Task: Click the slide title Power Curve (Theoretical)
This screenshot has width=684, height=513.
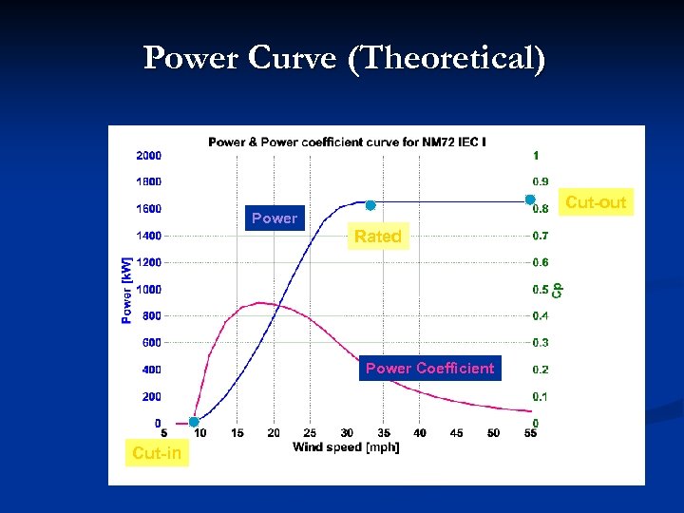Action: coord(344,59)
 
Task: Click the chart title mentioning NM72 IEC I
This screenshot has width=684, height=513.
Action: coord(347,142)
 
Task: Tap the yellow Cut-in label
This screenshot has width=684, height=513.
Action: coord(157,453)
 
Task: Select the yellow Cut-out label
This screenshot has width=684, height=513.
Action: coord(596,202)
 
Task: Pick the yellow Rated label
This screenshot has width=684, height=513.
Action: coord(378,237)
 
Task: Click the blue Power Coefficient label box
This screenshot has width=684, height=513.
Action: coord(429,369)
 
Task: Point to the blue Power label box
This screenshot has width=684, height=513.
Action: coord(275,218)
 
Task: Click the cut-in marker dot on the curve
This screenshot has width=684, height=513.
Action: coord(194,422)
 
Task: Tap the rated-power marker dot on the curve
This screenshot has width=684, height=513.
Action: coord(370,205)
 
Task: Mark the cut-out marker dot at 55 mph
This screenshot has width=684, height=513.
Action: coord(530,199)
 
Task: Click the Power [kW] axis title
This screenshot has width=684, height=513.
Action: coord(127,290)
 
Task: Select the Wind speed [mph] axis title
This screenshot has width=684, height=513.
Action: coord(346,446)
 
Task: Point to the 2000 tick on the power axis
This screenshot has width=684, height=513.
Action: coord(148,155)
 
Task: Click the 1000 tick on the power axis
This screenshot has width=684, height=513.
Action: coord(148,289)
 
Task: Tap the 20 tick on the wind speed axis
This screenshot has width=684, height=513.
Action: coord(274,433)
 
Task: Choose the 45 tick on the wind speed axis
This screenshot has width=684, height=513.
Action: coord(457,433)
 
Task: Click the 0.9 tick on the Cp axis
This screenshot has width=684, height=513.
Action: coord(540,181)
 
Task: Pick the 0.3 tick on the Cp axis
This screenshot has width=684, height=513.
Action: coord(540,342)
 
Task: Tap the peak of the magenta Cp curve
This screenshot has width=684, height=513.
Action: coord(261,303)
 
